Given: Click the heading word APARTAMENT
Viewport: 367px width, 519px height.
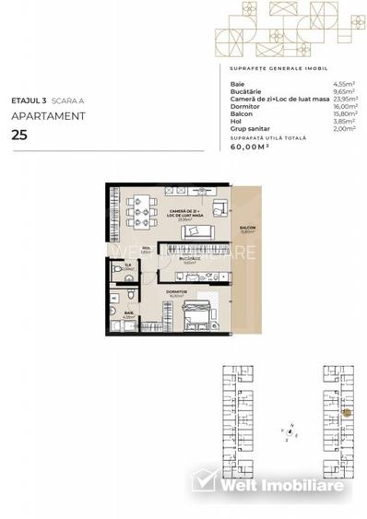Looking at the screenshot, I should pos(48,116).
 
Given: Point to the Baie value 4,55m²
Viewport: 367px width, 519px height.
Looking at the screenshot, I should pos(344,84).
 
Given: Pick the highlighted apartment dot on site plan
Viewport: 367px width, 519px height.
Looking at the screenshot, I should pos(347,412).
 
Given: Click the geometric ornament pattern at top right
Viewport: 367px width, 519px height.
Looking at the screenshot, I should pos(283,30).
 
